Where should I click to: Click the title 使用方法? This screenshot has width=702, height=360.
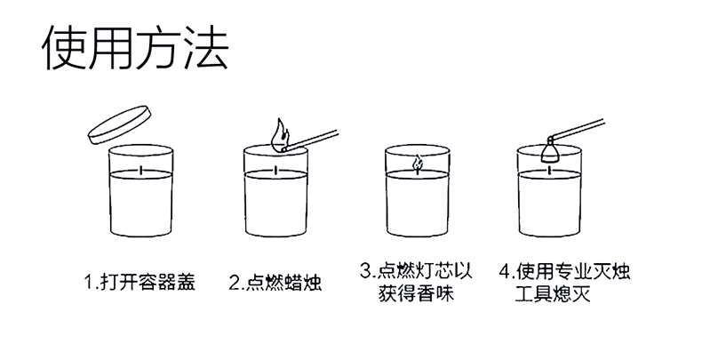point(135,48)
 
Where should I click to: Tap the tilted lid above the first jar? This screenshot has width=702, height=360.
point(120,125)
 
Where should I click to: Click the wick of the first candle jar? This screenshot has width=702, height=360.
point(141,170)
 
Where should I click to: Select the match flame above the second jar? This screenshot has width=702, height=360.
point(279,135)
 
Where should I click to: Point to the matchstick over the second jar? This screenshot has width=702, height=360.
point(311,140)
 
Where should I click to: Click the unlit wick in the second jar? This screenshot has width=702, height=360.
point(275,170)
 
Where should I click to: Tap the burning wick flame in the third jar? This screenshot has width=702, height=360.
point(418,164)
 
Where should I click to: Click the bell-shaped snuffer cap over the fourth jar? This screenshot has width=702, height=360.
point(550,151)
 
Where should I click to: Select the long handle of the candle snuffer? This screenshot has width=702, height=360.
point(578,129)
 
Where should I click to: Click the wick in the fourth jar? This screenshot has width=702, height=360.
point(550,170)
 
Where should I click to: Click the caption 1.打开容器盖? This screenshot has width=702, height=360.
point(140,282)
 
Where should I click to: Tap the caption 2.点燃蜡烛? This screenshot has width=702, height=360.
point(275,283)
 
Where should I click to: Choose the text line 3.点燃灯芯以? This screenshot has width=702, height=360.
point(416,271)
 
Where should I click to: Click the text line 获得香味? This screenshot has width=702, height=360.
point(416,293)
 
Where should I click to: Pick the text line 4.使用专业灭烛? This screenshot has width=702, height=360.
point(565,271)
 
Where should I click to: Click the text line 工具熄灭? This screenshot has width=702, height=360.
point(552,293)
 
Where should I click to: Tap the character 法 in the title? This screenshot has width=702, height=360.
point(206,48)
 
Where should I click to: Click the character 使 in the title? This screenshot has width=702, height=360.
point(64,48)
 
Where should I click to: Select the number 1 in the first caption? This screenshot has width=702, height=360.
point(88,283)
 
